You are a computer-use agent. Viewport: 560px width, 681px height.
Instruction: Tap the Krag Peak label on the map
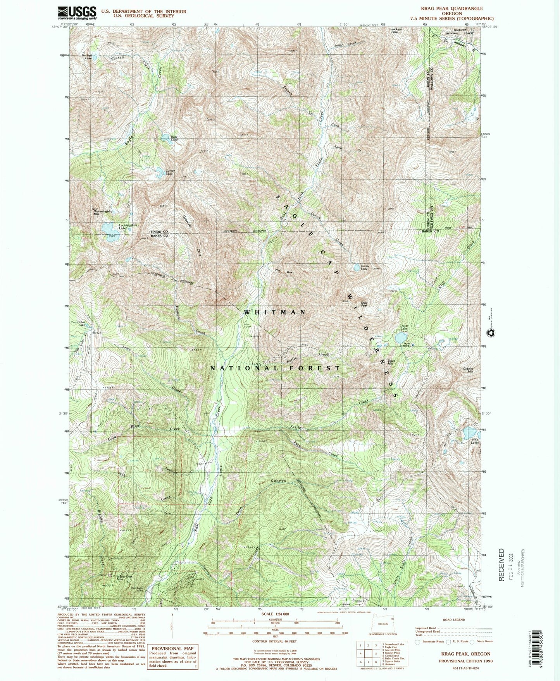coord(364,304)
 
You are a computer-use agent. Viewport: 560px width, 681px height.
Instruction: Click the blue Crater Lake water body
coord(401,338)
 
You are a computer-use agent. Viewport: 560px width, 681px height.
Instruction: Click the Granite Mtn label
coord(469,370)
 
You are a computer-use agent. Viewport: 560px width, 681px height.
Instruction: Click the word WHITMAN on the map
coord(275,312)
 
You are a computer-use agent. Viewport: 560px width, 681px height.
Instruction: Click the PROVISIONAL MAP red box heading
coord(172,648)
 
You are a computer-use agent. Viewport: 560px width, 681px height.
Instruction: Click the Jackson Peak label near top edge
coord(397,31)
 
